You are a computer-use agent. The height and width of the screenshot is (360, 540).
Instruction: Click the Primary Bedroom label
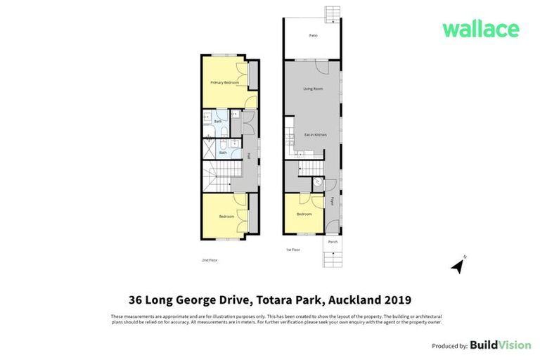225,83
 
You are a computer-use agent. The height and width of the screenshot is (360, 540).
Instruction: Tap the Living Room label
313,89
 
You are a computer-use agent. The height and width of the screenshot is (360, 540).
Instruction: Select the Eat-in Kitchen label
315,134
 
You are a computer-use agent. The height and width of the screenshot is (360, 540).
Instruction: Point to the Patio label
313,35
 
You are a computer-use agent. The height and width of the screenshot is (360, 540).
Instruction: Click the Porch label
333,242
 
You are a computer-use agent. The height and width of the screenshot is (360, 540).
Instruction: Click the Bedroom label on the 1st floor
304,214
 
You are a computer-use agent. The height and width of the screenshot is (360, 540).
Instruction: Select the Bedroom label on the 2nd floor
226,217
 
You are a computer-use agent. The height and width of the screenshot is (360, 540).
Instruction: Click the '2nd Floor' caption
210,260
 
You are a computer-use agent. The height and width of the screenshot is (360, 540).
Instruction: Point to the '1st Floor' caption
293,250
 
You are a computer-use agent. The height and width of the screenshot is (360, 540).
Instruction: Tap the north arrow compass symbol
458,265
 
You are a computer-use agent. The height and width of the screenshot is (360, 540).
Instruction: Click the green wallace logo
480,30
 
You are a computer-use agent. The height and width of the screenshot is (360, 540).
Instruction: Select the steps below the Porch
333,259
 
